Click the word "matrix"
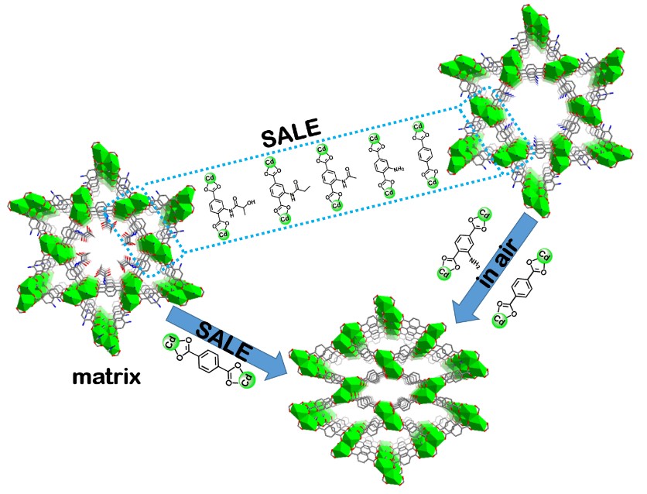click(107, 377)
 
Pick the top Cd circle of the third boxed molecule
click(322, 150)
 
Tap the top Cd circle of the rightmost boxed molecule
click(419, 126)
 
